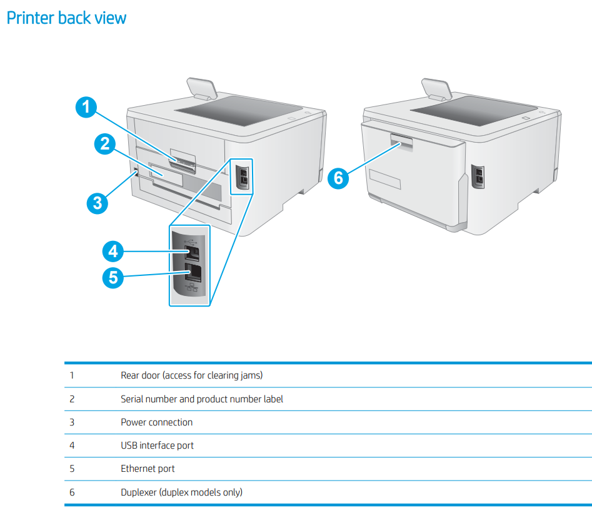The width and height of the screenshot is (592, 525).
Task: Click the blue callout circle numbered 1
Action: point(87,107)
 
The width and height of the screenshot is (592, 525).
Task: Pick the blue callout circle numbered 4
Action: point(113,252)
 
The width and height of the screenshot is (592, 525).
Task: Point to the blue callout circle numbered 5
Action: point(113,277)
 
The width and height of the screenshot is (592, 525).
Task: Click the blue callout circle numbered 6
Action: point(338,178)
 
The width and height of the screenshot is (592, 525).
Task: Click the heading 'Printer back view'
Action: point(66,18)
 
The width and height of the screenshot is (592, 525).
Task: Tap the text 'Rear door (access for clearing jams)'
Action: point(191,375)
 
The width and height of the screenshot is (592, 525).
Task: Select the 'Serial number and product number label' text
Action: point(201,399)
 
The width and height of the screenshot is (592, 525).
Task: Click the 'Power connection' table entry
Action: point(156,422)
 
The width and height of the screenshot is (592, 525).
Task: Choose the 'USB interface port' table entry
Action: point(157,446)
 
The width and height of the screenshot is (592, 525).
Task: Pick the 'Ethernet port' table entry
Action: point(148,469)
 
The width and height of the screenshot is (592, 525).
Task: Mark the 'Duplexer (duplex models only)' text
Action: point(181,492)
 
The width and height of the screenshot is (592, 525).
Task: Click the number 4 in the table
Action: point(72,446)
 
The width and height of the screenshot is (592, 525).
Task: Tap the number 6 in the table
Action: point(72,492)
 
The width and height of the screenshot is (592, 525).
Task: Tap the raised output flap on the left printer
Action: point(201,88)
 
